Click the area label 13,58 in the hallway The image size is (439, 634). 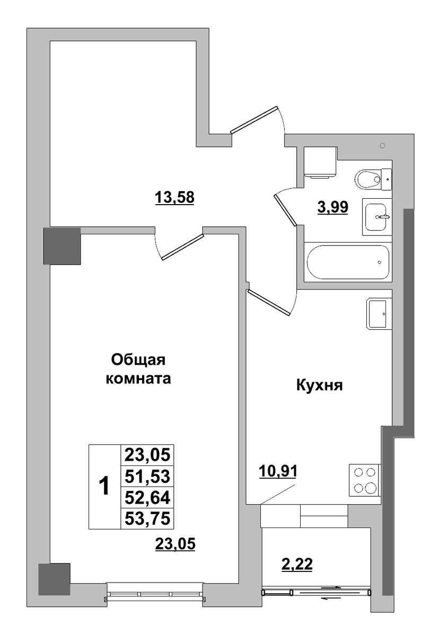coord(174,198)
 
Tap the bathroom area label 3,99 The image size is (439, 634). coord(333,207)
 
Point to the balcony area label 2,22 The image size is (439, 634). coord(297,564)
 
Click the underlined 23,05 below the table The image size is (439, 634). coord(175,544)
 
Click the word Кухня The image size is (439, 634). coord(320,385)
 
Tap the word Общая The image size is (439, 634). coord(139,359)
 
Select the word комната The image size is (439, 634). coord(138,379)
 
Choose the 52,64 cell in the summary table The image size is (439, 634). coord(147,497)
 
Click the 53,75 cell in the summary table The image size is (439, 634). coord(147,518)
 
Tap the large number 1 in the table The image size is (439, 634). coord(104,487)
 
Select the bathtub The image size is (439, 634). coord(348,262)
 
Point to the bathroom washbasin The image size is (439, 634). coord(377,217)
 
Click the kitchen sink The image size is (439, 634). coord(379,314)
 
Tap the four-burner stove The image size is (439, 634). coord(365,480)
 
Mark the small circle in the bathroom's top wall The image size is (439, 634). coord(382,145)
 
